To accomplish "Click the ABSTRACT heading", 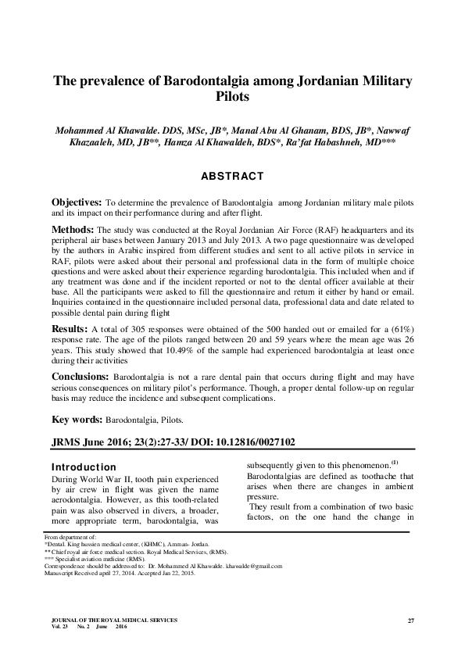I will coord(232,177).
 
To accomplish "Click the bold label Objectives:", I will coord(77,202).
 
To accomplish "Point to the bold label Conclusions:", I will coord(80,377).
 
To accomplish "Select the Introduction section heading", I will coord(83,467).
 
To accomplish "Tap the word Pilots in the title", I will coord(232,99).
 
